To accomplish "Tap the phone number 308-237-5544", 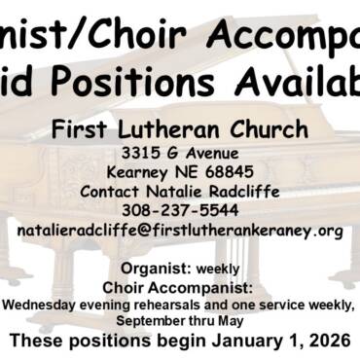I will click(x=180, y=210).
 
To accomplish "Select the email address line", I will click(x=180, y=231).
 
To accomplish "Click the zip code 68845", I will click(x=233, y=172).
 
